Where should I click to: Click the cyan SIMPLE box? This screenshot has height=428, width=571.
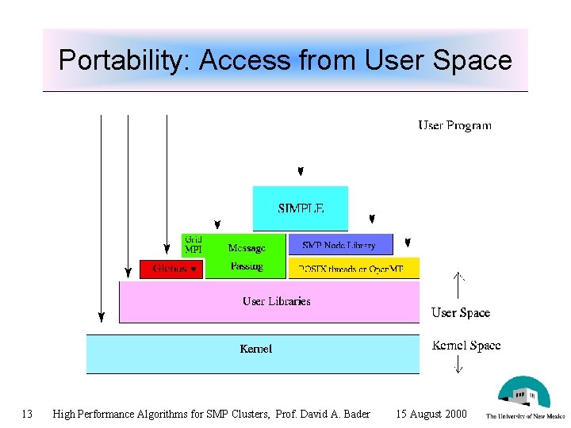[301, 208]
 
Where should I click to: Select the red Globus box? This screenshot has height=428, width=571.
[171, 269]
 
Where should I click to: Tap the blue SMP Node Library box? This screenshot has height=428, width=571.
[339, 245]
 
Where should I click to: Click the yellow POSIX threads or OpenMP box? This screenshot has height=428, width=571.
[353, 269]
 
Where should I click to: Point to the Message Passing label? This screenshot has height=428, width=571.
[247, 257]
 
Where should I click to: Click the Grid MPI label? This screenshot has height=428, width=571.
[193, 244]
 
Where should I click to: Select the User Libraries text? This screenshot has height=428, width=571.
[276, 301]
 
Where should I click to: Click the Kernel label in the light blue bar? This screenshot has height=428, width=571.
[255, 349]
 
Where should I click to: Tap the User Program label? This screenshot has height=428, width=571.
[454, 125]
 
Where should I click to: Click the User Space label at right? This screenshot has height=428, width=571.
[460, 313]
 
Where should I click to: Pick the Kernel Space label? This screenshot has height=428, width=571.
[466, 346]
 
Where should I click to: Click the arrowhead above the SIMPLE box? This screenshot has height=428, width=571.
[301, 172]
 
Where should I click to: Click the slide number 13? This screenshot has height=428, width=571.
[27, 414]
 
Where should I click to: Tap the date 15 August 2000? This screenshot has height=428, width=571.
[431, 414]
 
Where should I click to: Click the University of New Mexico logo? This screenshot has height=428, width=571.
[524, 397]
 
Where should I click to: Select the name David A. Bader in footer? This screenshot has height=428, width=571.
[337, 414]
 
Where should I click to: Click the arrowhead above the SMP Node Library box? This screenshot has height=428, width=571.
[371, 219]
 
